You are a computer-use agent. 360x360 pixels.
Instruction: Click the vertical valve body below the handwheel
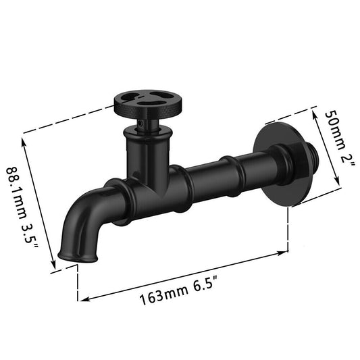coord(145,152)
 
